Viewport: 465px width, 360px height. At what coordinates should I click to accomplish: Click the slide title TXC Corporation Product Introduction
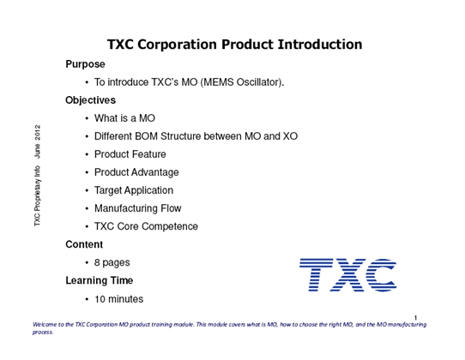coord(234,45)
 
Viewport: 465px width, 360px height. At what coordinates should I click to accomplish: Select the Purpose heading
coord(85,64)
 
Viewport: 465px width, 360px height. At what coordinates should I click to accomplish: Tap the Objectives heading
coord(90,100)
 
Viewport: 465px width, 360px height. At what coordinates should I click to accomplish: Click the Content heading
coord(84,244)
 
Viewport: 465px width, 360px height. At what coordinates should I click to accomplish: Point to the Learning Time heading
coord(99,280)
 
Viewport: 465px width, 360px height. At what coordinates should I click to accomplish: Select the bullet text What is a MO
coord(125,118)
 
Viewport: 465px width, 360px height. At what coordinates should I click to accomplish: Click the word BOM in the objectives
coord(146,136)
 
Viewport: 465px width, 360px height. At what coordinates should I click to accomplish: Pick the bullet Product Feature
coord(130,154)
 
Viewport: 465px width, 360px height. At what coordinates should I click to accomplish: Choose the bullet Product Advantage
coord(136,172)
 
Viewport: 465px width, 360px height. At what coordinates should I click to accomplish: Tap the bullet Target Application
coord(134,190)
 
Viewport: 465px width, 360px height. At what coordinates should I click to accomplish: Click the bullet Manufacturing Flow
coord(138,208)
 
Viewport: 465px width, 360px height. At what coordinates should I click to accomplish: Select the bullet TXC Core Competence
coord(146,226)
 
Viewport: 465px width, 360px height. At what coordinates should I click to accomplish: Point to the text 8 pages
coord(112,263)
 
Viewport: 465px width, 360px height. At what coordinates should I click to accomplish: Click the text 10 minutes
coord(119,299)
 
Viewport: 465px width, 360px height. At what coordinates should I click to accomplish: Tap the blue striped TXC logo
coord(347,274)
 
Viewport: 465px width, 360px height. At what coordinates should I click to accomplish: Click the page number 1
coord(416,317)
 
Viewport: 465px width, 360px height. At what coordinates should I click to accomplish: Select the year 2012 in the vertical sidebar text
coord(38,132)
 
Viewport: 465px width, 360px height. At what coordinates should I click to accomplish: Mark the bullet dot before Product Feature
coord(87,154)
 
